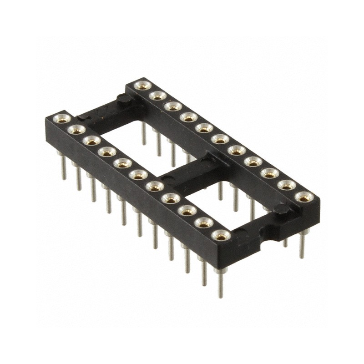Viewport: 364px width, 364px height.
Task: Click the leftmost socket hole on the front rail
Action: (60, 119)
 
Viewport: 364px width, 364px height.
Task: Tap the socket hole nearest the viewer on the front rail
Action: (221, 235)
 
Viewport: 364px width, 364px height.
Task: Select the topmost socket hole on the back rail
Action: (143, 85)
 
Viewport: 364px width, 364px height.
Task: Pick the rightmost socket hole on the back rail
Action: (303, 197)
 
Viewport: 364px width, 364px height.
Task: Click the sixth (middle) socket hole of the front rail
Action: (137, 174)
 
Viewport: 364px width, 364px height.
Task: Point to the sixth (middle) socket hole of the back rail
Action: (220, 138)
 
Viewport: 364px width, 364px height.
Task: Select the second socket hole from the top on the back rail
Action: (157, 96)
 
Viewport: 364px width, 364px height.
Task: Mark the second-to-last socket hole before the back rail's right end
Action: (287, 185)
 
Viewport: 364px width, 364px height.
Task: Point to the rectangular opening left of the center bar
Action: (136, 136)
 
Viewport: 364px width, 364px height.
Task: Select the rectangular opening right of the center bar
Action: (227, 200)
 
